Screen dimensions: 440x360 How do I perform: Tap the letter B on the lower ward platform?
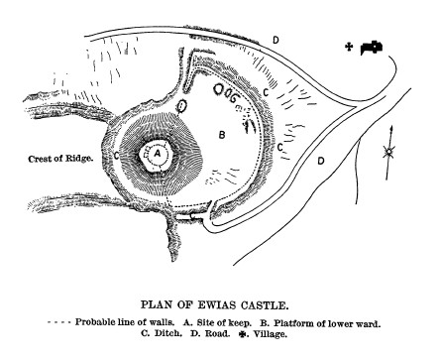coord(222,132)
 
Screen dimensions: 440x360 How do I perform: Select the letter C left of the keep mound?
coord(117,155)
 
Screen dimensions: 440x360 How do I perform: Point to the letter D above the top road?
coord(275,39)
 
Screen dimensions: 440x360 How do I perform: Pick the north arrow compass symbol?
coord(389,149)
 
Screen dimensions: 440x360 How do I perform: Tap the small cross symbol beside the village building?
coord(350,47)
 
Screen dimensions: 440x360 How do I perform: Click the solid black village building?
coord(374,46)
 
